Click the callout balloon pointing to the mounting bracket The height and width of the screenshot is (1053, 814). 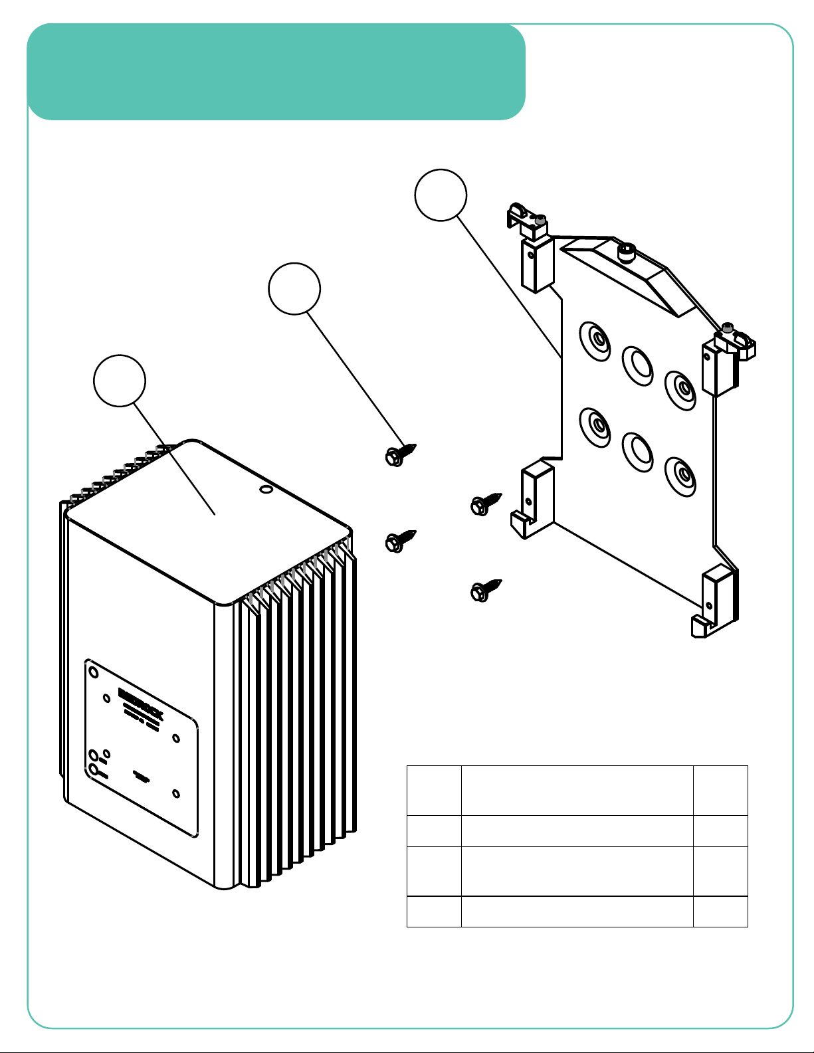click(441, 195)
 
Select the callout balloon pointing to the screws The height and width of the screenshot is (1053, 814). click(294, 288)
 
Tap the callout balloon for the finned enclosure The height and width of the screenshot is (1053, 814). click(120, 380)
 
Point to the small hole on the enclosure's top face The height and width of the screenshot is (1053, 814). click(266, 490)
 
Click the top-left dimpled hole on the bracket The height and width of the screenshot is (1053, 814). click(595, 341)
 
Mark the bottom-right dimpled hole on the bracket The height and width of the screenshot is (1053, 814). click(680, 475)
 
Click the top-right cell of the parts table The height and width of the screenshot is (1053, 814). click(720, 790)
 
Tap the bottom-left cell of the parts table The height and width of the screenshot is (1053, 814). click(433, 911)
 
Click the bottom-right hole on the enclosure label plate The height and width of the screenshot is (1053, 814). click(176, 793)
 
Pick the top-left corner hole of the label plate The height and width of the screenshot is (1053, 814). click(94, 672)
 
